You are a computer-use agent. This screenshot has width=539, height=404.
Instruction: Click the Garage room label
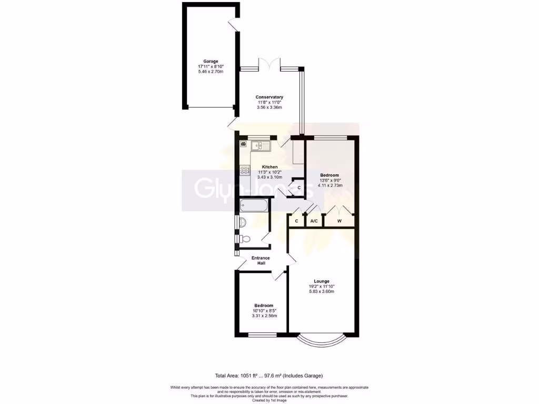tap(211, 61)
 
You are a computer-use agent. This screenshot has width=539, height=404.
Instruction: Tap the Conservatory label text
tap(269, 97)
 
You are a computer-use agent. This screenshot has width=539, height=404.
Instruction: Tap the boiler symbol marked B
tap(243, 144)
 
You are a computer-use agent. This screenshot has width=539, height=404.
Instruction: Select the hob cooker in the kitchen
tap(245, 170)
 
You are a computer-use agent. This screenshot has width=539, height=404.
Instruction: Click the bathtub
tap(253, 206)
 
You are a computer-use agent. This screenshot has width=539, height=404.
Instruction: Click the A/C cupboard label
tap(314, 221)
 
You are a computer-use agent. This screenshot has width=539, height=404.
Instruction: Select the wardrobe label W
tap(340, 221)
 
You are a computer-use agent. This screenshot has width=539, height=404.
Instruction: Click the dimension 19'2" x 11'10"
tap(322, 287)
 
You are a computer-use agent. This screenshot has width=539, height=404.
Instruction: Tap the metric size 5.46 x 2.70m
tap(211, 72)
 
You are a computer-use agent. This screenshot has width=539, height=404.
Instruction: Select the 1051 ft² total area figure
tap(247, 376)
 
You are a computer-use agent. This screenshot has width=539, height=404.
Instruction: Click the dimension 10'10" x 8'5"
tap(264, 311)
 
